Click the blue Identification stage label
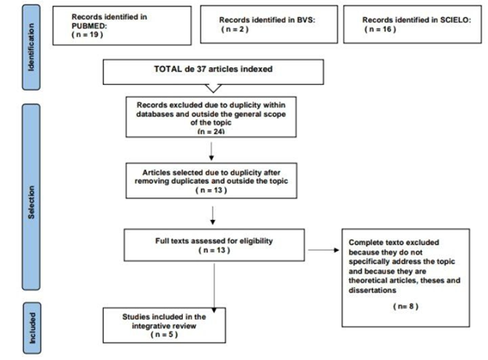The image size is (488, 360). [x=31, y=47]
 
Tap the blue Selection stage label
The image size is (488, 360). [x=31, y=197]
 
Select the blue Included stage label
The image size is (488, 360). [x=32, y=328]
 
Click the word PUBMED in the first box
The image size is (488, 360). [x=89, y=26]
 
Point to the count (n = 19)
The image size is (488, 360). [x=87, y=35]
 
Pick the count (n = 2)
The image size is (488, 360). [x=235, y=29]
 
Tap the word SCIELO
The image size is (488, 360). [x=456, y=20]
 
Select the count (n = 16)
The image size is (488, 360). [x=380, y=29]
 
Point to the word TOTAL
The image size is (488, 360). [x=168, y=69]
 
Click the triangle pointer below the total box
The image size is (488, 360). [x=214, y=88]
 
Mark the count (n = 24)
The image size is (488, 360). [x=211, y=132]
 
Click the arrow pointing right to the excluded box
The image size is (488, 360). [x=324, y=250]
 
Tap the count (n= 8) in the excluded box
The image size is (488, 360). [x=405, y=306]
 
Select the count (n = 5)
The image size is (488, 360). [x=164, y=334]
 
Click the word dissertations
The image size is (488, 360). [x=372, y=290]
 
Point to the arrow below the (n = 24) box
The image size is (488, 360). [x=211, y=151]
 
